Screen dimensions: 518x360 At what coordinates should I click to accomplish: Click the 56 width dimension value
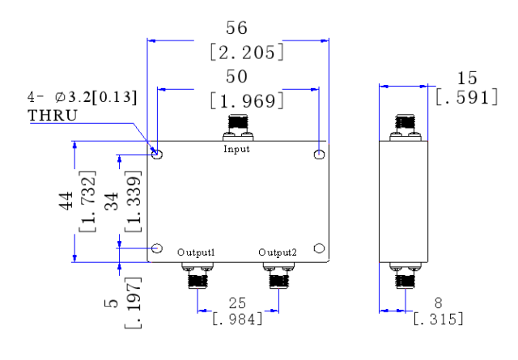[x=236, y=28]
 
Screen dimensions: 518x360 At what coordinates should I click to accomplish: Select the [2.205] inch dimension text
[x=247, y=52]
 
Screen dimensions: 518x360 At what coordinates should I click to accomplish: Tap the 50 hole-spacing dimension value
[x=236, y=77]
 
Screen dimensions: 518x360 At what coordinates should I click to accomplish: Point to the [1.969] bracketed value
[x=247, y=100]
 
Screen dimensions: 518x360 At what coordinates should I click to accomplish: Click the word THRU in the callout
[x=53, y=115]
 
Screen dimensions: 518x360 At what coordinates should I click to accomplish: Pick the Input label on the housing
[x=236, y=149]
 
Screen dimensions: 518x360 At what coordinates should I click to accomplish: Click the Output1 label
[x=196, y=252]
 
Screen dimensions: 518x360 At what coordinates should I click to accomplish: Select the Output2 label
[x=278, y=252]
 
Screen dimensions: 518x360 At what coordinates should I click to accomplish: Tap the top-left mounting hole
[x=157, y=155]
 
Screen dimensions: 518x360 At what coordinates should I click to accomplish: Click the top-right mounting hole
[x=319, y=155]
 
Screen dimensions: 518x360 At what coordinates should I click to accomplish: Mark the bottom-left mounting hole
[x=157, y=248]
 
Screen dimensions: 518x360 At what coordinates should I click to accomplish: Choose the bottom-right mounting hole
[x=319, y=248]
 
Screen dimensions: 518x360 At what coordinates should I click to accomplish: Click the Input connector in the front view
[x=238, y=128]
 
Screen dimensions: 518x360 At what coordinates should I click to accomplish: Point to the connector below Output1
[x=197, y=275]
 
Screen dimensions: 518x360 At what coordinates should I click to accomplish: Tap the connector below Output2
[x=278, y=275]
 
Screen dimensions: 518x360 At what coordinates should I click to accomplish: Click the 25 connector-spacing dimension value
[x=237, y=303]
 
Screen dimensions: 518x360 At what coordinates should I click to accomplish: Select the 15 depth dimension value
[x=467, y=78]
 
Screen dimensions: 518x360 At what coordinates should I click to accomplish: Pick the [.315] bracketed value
[x=438, y=319]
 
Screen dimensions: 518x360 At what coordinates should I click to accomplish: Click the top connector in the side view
[x=405, y=128]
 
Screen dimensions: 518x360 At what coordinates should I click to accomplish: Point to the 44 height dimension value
[x=66, y=201]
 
